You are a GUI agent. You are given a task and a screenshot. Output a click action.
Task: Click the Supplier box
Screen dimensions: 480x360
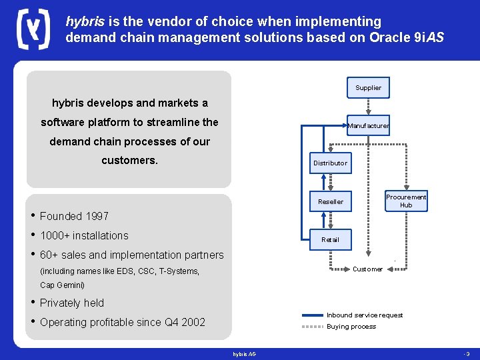point(368,87)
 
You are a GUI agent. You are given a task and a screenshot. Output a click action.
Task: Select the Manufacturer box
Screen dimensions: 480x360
point(368,125)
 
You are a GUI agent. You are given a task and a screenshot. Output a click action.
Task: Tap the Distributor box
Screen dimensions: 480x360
point(330,163)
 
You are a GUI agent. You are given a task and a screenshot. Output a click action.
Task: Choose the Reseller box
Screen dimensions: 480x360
point(330,201)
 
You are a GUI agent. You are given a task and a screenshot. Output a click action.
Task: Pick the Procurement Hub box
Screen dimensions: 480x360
point(406,201)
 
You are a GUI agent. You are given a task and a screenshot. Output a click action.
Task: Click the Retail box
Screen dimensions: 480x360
point(330,239)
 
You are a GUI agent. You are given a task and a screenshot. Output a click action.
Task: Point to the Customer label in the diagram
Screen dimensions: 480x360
point(367,269)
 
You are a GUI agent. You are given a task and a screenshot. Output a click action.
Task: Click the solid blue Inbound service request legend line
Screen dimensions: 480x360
point(312,315)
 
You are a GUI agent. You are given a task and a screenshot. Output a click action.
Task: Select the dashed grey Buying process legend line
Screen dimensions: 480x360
point(312,327)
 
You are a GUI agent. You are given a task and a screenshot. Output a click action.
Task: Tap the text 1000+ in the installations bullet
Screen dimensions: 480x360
point(54,235)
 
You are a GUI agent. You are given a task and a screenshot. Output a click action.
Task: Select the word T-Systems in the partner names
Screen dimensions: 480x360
point(179,271)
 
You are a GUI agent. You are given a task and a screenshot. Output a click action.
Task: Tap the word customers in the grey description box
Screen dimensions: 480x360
point(129,161)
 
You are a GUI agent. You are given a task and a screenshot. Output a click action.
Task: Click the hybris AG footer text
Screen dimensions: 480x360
point(244,353)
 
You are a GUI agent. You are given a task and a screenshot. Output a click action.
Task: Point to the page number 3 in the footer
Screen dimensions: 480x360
point(468,353)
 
